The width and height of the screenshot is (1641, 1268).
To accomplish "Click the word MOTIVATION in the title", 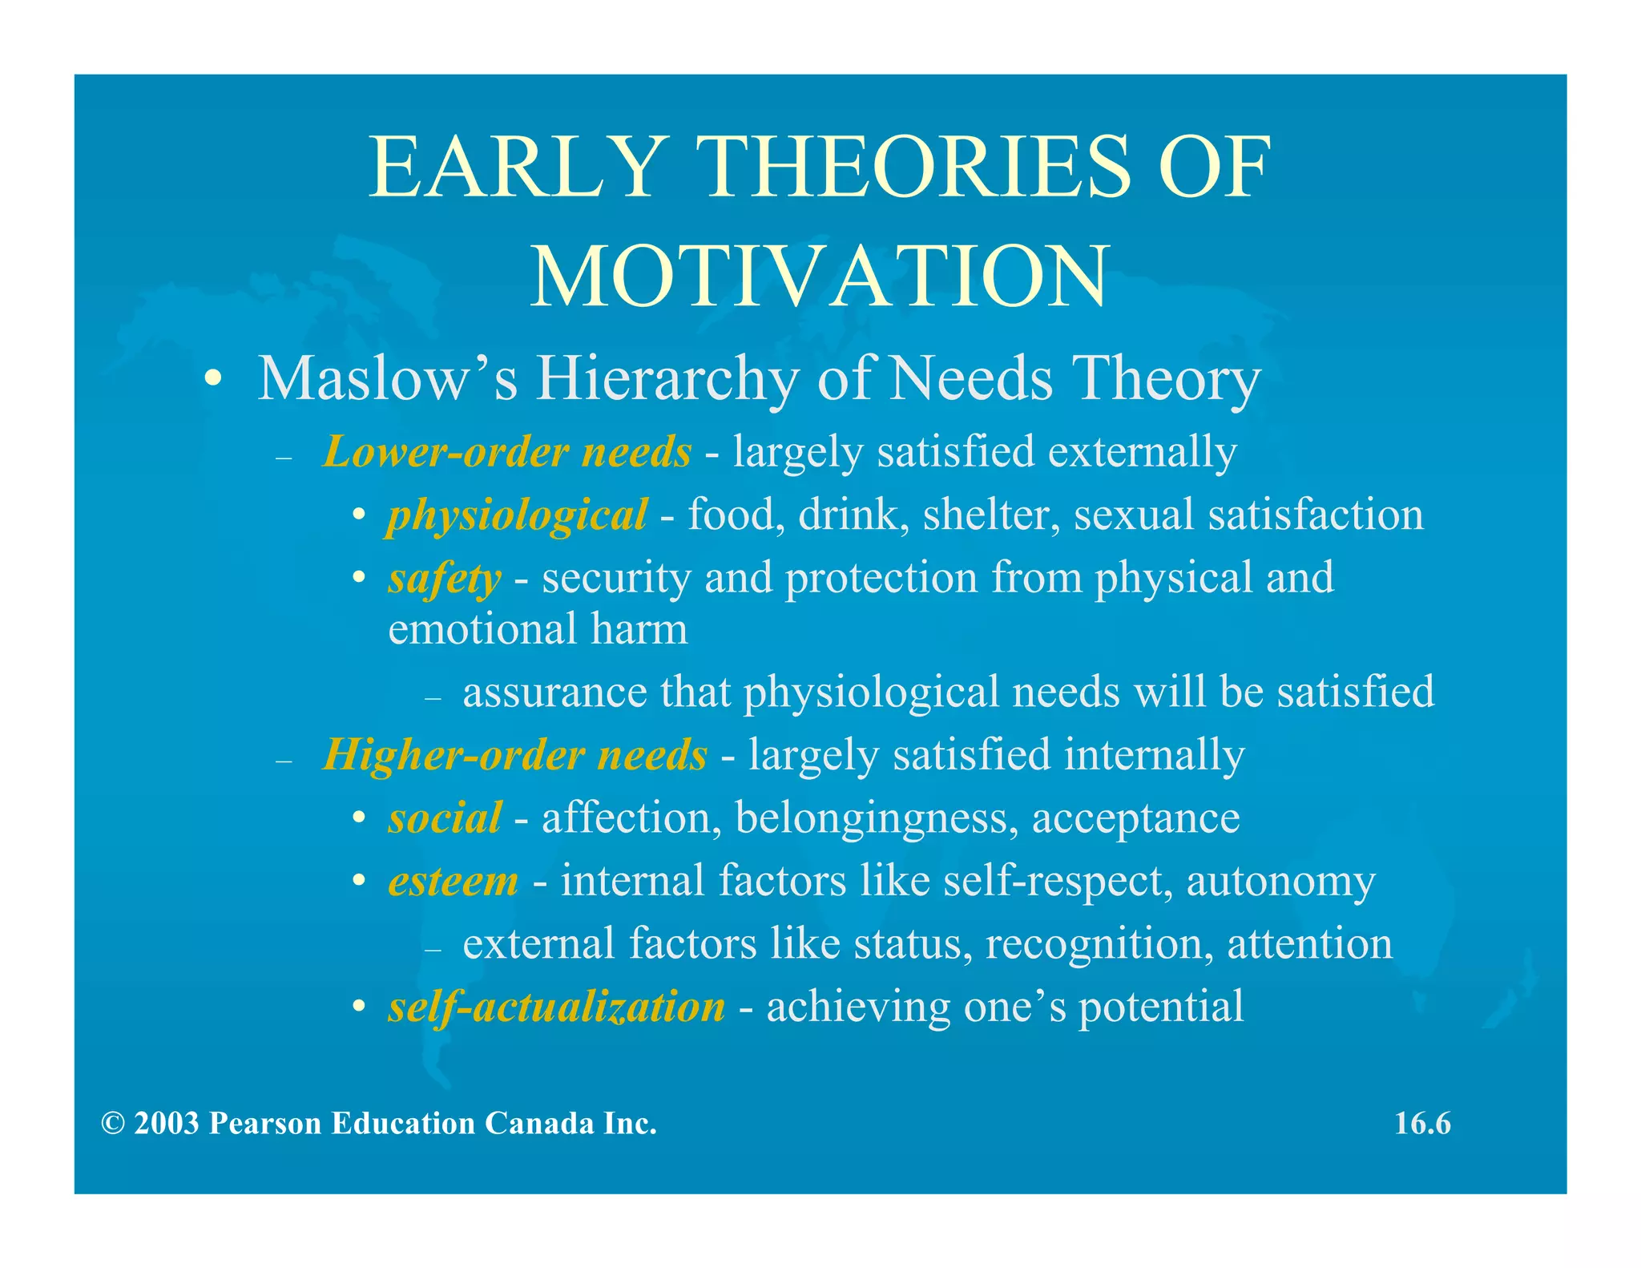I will point(820,277).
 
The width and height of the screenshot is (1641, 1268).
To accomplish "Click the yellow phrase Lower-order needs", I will point(506,452).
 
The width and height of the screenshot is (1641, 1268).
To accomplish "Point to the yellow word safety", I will point(445,579).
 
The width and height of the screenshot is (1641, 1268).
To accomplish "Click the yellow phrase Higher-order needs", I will point(515,755).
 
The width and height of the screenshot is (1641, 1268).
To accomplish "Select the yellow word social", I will point(445,818).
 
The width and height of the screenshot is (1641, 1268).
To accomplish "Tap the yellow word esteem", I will point(454,882).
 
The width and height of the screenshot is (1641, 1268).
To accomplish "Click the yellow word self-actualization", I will point(556,1008).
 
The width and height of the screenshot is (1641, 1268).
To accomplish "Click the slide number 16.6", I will point(1422,1124).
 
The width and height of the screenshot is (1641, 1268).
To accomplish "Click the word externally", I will point(1142,452).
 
